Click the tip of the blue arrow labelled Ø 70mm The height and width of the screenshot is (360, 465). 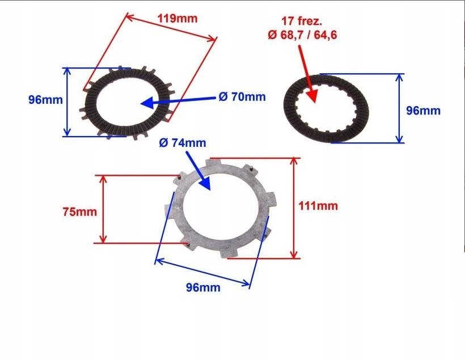pos(141,104)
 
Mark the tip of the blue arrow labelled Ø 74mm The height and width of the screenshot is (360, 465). pos(210,190)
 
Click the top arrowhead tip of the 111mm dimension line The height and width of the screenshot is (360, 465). pos(294,158)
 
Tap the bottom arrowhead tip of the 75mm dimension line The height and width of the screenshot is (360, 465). pos(103,243)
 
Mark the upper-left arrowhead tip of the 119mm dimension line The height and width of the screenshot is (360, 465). pos(126,15)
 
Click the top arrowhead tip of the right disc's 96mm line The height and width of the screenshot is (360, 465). pos(399,74)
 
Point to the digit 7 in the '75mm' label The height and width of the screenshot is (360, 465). pos(66,212)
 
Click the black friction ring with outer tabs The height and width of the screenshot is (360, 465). pos(128,101)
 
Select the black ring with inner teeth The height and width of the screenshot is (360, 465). pos(326,108)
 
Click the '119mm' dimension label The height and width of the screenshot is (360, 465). pos(177,19)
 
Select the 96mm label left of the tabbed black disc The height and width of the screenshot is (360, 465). pos(46,100)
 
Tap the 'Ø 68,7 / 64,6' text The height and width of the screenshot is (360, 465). pos(302,35)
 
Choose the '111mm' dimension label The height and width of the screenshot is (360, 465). pos(318,206)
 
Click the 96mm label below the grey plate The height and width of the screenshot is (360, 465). pos(203,287)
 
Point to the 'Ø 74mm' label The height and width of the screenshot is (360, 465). pos(183,143)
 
